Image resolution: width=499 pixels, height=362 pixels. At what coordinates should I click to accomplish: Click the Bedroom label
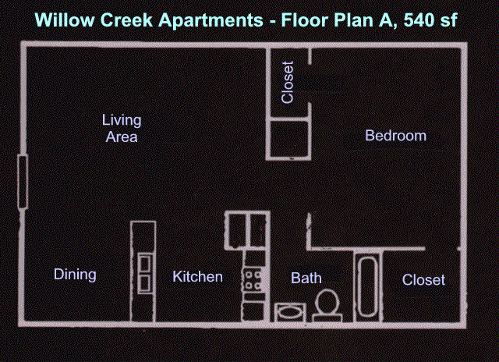click(395, 136)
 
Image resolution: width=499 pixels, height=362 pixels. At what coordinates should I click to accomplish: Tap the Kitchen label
click(197, 276)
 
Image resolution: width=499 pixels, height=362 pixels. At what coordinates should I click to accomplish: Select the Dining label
click(75, 275)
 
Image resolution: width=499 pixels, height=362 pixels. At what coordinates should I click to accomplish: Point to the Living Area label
click(122, 128)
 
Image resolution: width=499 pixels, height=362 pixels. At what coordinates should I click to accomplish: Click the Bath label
click(306, 278)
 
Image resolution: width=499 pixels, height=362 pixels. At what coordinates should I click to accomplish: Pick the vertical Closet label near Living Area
click(288, 83)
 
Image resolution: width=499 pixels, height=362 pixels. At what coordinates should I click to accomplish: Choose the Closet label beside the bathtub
click(423, 280)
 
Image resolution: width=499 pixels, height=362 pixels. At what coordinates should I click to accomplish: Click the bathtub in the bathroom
click(367, 286)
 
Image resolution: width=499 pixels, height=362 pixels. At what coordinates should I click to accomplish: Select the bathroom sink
click(290, 312)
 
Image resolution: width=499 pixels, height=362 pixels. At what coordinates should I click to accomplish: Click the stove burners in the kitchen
click(253, 280)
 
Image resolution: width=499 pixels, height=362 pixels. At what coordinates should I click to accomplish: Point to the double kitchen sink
click(145, 274)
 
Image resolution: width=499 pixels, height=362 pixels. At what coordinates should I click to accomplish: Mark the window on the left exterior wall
click(23, 182)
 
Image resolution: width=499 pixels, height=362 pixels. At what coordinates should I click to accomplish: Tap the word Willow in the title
click(65, 20)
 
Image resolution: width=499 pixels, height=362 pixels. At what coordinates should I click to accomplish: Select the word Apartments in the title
click(211, 20)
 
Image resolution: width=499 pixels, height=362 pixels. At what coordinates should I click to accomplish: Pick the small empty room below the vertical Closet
click(288, 139)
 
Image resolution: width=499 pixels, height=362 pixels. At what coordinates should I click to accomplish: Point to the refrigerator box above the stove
click(247, 230)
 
